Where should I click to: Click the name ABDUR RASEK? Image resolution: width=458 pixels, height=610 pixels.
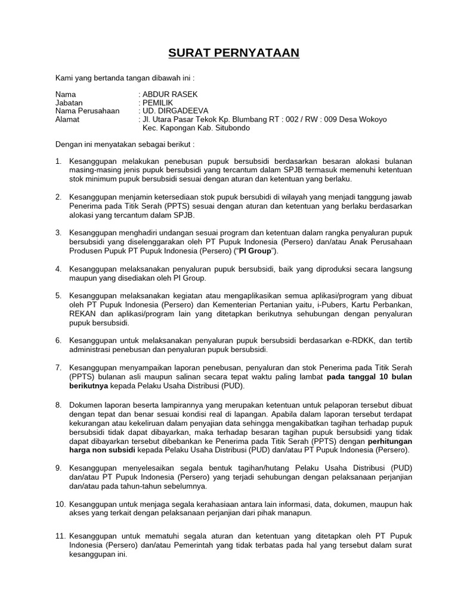click(x=169, y=95)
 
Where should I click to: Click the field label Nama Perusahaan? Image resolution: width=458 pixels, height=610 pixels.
click(x=87, y=111)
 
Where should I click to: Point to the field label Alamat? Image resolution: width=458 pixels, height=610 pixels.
click(x=67, y=119)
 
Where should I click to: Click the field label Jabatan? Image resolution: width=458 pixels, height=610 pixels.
click(x=70, y=103)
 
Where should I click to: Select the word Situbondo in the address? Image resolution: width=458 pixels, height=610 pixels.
click(x=230, y=127)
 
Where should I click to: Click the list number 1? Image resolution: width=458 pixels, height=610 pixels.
click(x=58, y=161)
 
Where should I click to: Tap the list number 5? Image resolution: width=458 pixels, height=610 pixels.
click(x=58, y=295)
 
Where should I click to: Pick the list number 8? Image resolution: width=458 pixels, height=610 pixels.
click(x=58, y=404)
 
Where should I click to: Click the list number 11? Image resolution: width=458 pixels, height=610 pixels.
click(x=60, y=536)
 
